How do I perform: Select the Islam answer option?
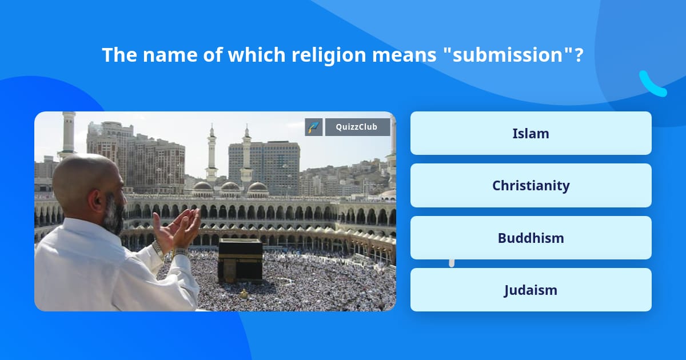531,133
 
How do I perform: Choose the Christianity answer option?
531,186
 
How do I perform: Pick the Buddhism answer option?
531,238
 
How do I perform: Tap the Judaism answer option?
531,290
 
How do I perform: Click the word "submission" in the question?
508,55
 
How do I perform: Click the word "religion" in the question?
329,55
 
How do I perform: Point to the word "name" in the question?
170,55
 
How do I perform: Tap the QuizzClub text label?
357,127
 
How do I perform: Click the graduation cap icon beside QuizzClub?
314,127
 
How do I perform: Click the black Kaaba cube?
241,260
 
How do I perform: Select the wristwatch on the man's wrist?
158,249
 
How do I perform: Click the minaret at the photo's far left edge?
68,135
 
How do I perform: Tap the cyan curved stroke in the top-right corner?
652,84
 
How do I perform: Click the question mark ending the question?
579,55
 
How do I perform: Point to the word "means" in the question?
404,55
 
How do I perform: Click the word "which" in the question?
257,55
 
